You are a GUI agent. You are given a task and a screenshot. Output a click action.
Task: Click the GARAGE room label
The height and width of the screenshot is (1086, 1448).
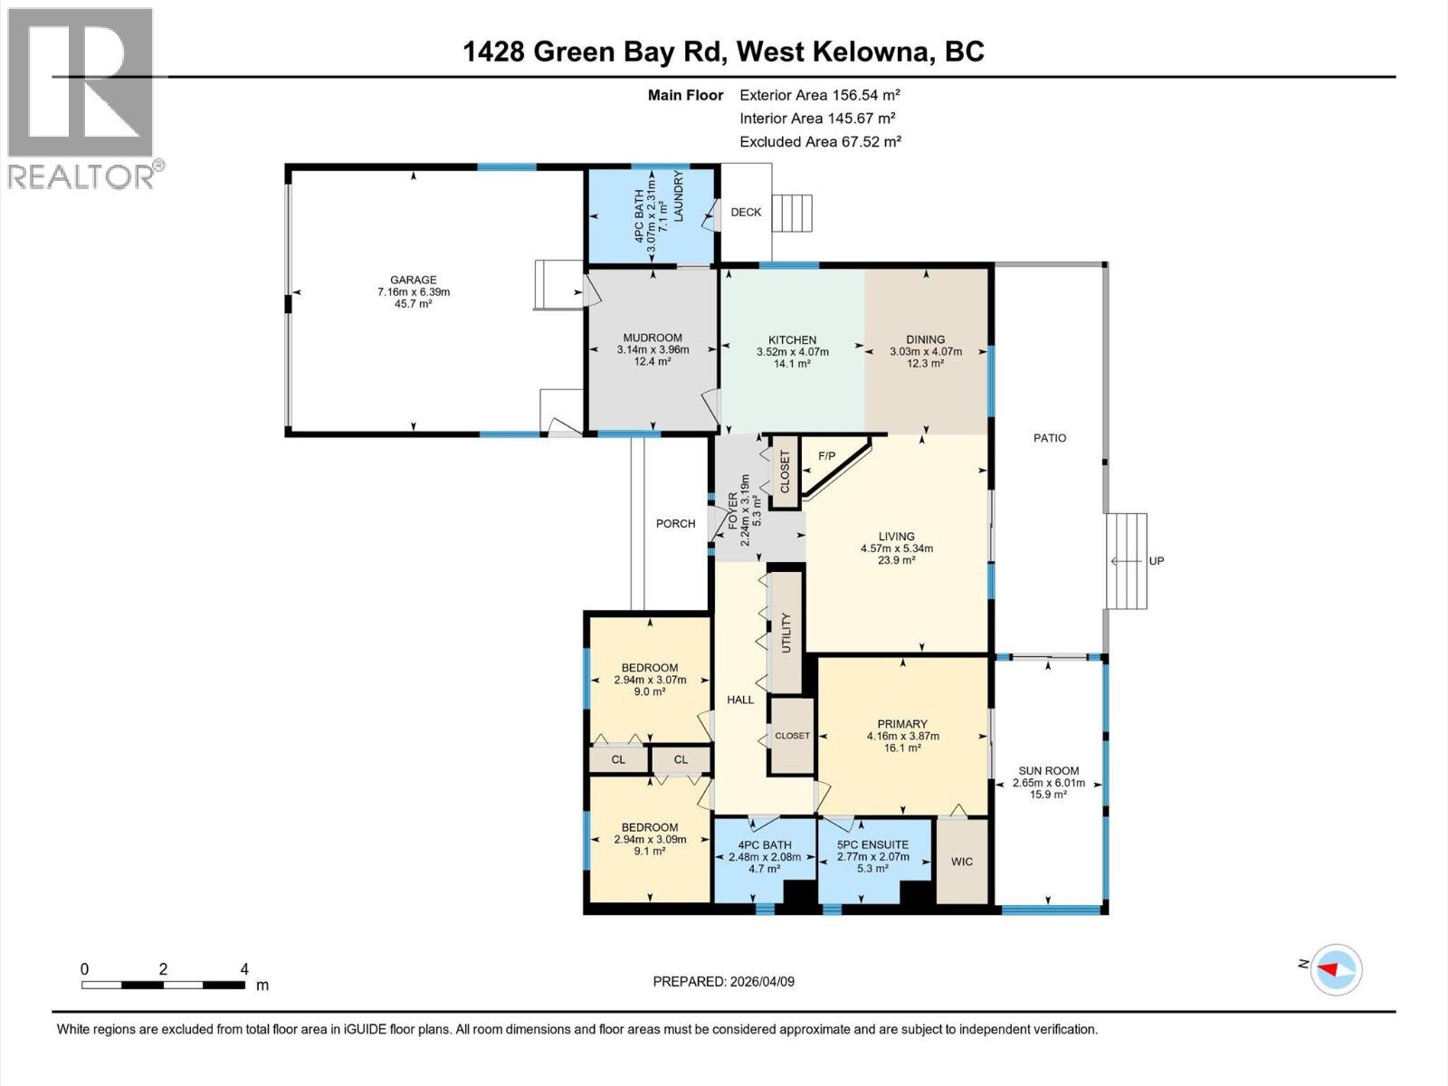click(x=414, y=280)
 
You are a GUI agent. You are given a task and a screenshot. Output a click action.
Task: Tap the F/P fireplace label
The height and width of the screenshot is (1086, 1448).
click(x=826, y=456)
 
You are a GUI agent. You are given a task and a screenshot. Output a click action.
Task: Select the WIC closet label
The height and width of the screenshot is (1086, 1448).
click(x=962, y=862)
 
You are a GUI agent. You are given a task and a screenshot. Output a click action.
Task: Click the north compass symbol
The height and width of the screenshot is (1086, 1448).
click(x=1336, y=969)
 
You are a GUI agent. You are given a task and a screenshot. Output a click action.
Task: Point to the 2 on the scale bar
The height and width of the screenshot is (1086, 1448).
click(x=163, y=969)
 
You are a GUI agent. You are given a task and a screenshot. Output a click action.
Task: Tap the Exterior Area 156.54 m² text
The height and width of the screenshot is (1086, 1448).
click(x=819, y=95)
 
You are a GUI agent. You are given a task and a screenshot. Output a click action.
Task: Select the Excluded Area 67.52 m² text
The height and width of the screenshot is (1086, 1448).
click(x=820, y=142)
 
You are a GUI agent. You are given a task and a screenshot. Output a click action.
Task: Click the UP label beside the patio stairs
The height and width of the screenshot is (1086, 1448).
click(x=1157, y=561)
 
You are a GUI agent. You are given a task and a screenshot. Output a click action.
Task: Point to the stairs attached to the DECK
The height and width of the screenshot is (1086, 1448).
click(x=792, y=214)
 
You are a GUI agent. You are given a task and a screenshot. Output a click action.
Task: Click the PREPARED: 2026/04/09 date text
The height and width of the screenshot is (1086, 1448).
click(x=724, y=982)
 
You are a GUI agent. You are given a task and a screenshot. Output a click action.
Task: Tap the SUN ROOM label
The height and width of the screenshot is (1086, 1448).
click(x=1049, y=771)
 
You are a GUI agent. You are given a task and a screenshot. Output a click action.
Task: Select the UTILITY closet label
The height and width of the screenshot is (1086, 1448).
click(x=786, y=633)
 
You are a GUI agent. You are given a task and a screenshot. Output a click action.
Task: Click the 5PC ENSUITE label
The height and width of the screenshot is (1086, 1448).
click(x=872, y=845)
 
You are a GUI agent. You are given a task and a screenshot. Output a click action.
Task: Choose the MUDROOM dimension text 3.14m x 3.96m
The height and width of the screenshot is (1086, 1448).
click(x=653, y=349)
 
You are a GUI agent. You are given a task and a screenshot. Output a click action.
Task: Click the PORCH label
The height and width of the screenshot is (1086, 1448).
click(x=675, y=524)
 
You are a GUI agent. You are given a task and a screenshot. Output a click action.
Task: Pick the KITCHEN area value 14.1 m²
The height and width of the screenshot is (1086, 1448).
click(x=792, y=363)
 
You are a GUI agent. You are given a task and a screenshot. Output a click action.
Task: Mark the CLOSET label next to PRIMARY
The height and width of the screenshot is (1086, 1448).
click(x=792, y=736)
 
